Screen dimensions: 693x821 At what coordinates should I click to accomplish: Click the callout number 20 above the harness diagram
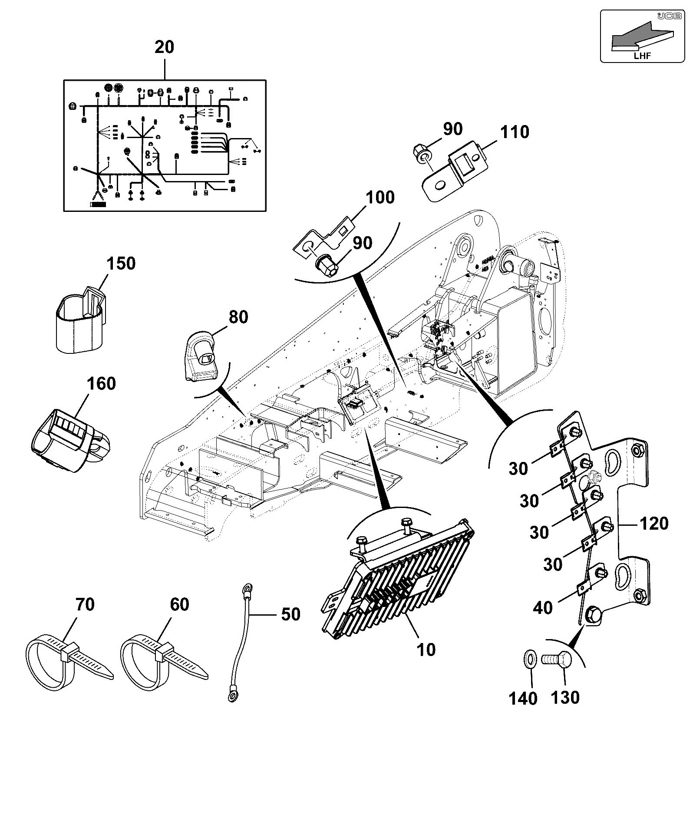click(x=165, y=47)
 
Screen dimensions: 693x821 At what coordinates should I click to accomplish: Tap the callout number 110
click(x=515, y=132)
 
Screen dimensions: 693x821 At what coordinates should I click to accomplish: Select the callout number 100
click(x=380, y=198)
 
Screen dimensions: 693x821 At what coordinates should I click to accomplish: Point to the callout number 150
click(x=121, y=264)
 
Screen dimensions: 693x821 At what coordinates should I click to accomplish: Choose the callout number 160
click(x=101, y=384)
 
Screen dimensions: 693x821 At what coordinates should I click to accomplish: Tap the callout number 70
click(x=85, y=604)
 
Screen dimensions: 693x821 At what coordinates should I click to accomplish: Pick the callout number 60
click(x=179, y=604)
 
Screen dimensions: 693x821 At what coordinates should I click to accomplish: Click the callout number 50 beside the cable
click(x=290, y=614)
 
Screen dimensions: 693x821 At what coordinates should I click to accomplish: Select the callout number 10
click(x=426, y=650)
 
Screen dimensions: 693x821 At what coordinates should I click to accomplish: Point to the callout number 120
click(x=654, y=524)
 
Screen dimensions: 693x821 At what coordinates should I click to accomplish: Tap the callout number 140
click(x=523, y=698)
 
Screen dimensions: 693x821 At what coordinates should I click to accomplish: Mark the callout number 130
click(x=565, y=697)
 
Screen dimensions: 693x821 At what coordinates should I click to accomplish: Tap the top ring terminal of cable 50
click(x=248, y=589)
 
